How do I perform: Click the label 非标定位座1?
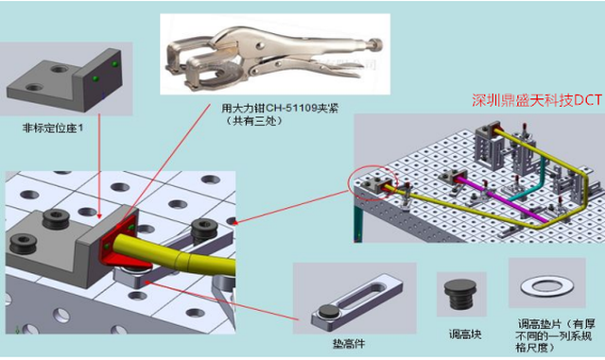(x=53, y=129)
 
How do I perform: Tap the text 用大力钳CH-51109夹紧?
(x=280, y=109)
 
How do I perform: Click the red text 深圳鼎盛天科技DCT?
(x=537, y=100)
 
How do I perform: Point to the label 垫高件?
(x=349, y=343)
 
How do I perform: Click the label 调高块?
(x=464, y=334)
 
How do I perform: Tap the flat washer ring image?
(x=546, y=286)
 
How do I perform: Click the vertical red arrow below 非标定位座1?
(x=99, y=165)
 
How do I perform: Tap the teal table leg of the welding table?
(x=358, y=223)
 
